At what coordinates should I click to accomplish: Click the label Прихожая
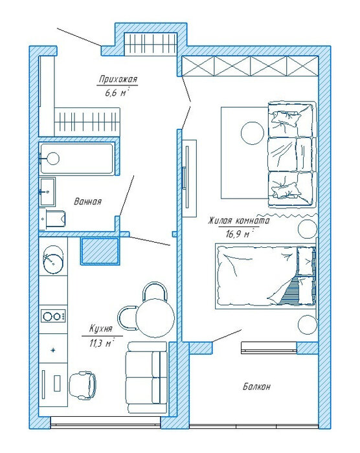tap(118, 79)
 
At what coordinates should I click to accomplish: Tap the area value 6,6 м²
tap(117, 93)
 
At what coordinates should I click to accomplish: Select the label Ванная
tap(88, 201)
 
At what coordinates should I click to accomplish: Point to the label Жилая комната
tap(239, 221)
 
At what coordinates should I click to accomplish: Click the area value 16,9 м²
tap(238, 234)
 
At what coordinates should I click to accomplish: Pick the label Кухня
tap(100, 329)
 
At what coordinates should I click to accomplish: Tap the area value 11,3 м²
tap(101, 343)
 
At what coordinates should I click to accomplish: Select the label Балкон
tap(257, 386)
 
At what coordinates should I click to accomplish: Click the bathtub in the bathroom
tap(76, 159)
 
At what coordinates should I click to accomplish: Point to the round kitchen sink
tap(53, 259)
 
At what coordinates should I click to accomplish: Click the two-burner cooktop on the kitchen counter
tap(53, 316)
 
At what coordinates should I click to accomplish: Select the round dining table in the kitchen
tap(155, 318)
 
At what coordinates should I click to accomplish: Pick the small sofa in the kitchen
tap(146, 378)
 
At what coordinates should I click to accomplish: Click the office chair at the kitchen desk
tap(83, 385)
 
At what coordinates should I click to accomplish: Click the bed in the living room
tap(265, 276)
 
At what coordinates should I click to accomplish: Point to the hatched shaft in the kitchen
tap(100, 251)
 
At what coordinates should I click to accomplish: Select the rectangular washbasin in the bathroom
tap(47, 192)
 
